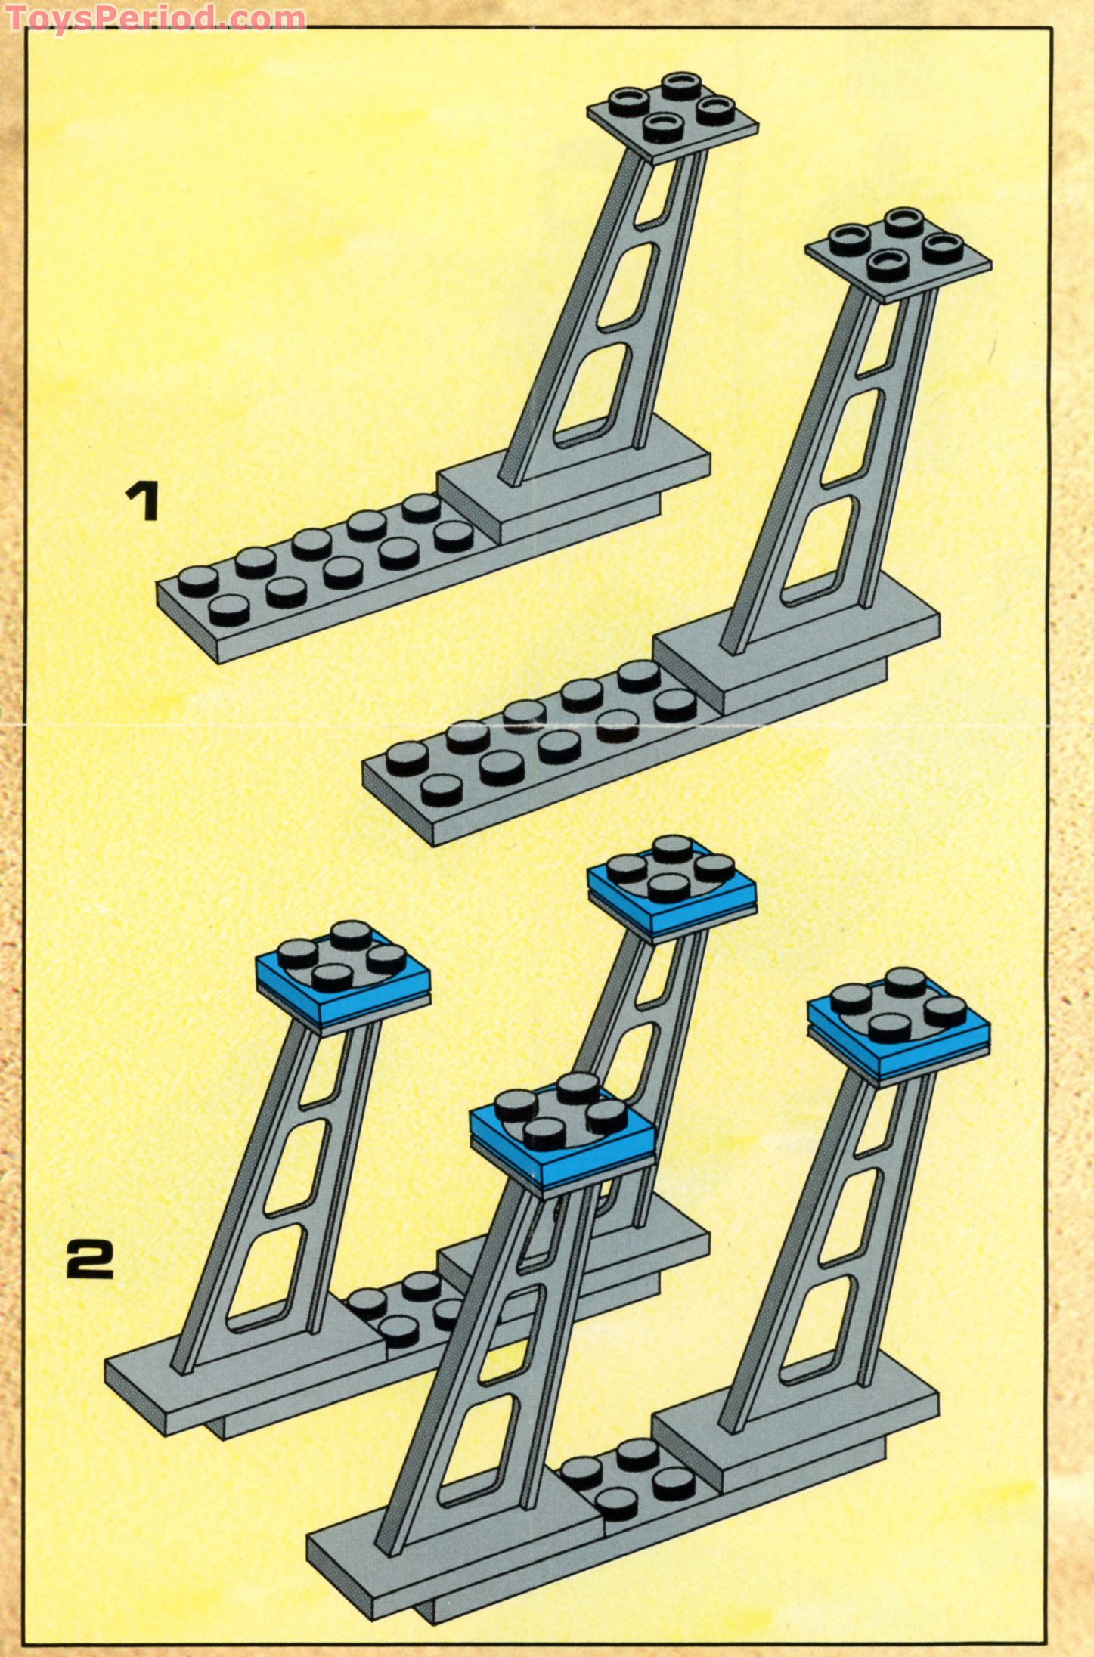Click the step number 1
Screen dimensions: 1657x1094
pos(143,503)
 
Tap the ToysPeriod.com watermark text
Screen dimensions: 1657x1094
pos(155,17)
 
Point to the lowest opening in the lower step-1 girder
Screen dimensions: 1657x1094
pos(824,552)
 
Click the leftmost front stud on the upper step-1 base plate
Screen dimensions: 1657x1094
pos(230,609)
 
